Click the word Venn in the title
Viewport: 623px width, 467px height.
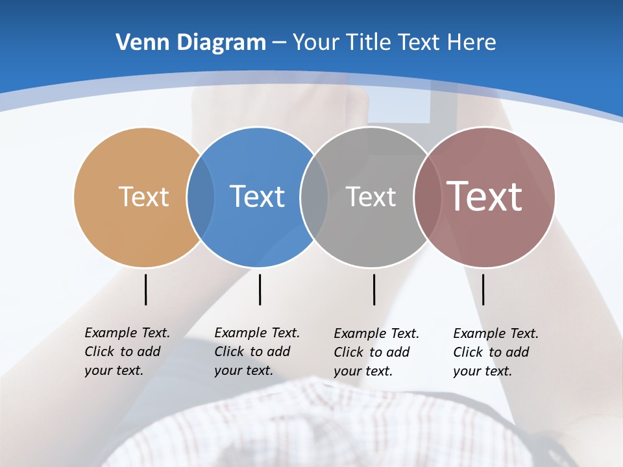(x=138, y=42)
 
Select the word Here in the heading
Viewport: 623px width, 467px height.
(x=472, y=42)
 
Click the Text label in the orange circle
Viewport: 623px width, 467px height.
(x=143, y=197)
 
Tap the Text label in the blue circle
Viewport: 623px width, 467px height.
(x=257, y=197)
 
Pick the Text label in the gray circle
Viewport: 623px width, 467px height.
(x=371, y=197)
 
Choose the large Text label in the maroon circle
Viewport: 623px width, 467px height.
(x=484, y=197)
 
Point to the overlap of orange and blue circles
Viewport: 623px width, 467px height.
(x=201, y=197)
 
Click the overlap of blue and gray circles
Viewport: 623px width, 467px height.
(x=314, y=197)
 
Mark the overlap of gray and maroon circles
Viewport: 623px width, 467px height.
(x=427, y=197)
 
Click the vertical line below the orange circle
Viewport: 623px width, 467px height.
(x=145, y=289)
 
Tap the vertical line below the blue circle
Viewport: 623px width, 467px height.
(x=260, y=289)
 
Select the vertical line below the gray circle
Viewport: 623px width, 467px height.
(x=374, y=289)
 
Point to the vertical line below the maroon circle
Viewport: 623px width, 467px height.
(x=483, y=289)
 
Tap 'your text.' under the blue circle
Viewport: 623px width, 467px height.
(x=243, y=371)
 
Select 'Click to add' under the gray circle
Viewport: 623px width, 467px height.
(x=372, y=352)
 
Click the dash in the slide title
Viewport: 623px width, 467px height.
(x=279, y=43)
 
